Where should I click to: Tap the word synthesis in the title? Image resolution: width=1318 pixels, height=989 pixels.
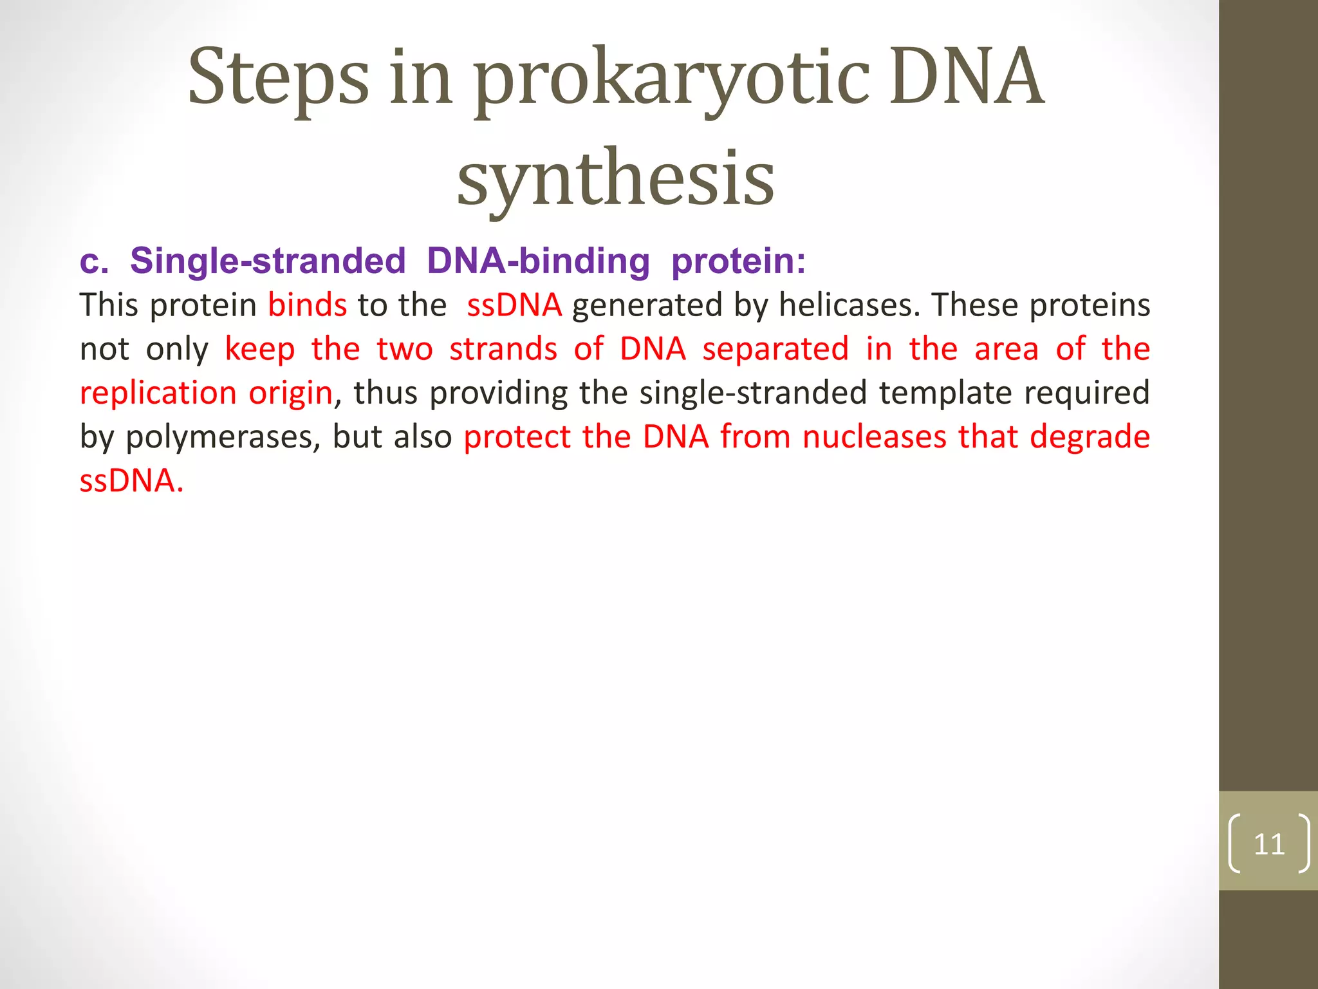click(615, 178)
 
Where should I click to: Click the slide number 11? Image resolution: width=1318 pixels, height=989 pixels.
click(1268, 844)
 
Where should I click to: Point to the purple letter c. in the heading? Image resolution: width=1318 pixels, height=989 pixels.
click(94, 262)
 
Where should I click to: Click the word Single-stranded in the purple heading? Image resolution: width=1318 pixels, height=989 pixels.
click(268, 261)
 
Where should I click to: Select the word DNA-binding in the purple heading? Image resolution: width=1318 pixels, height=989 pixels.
click(538, 261)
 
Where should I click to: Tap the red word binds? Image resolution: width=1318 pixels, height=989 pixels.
click(307, 305)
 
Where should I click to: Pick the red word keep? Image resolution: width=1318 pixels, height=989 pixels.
click(259, 350)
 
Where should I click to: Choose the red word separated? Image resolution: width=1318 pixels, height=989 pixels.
click(775, 349)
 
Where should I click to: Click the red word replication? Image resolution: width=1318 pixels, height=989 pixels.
click(158, 393)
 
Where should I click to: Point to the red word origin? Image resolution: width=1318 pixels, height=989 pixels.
click(291, 393)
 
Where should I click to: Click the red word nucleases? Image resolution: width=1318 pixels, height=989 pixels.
click(875, 437)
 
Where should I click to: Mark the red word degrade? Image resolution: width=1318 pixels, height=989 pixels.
click(1090, 437)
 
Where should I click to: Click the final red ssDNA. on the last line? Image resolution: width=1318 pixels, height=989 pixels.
click(131, 481)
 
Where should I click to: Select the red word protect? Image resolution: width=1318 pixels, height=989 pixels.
click(517, 437)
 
